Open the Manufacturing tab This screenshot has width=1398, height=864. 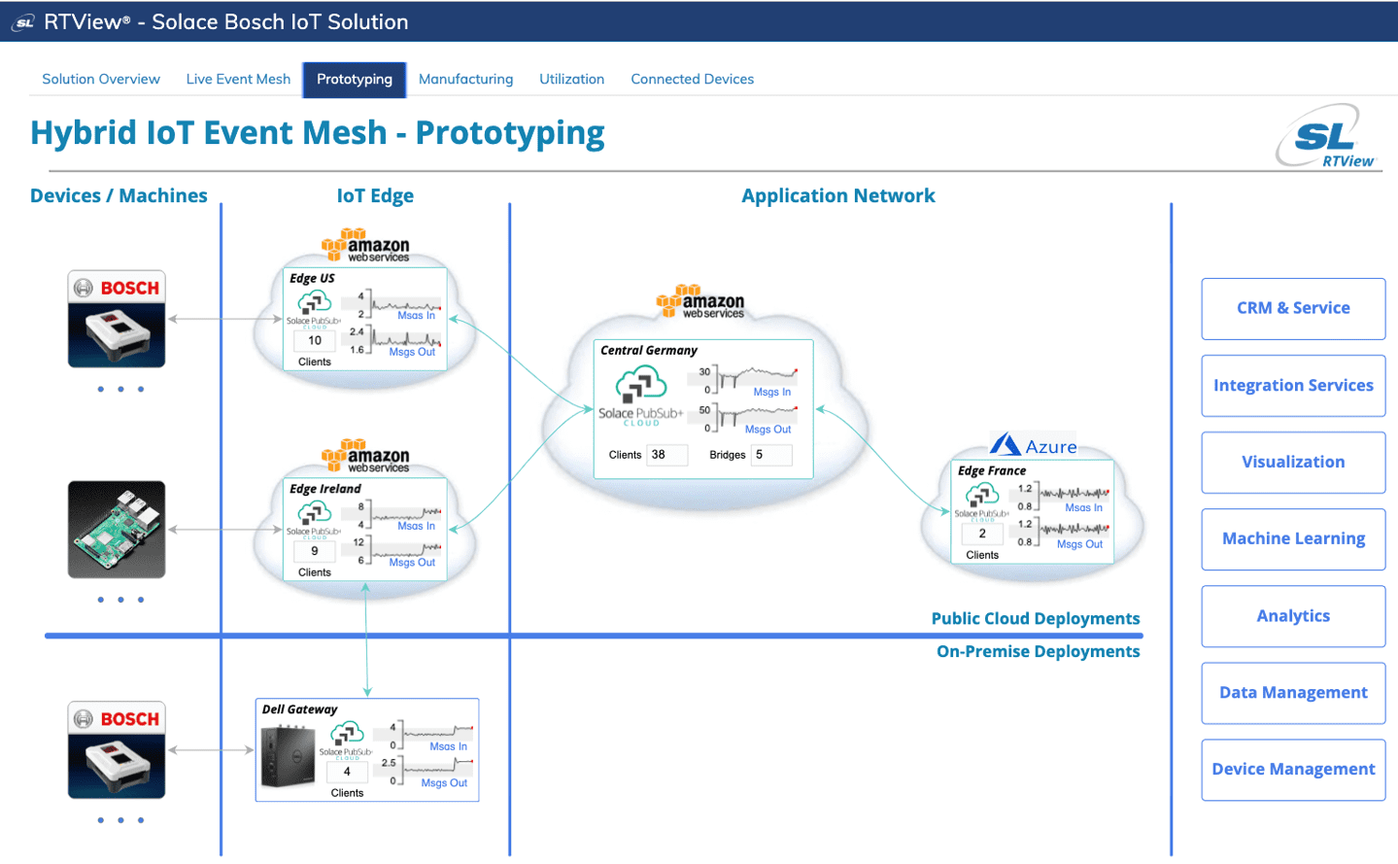[465, 79]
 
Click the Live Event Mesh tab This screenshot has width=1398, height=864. [238, 79]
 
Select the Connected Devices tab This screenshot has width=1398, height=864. [692, 79]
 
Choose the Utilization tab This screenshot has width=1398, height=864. [571, 79]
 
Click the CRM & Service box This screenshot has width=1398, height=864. [1293, 308]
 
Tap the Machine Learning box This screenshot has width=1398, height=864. [1293, 538]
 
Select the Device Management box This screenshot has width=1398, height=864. [1293, 769]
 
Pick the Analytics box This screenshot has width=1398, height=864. [1293, 615]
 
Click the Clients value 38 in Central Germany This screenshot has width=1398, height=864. [666, 455]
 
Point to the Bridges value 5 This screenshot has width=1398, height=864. [770, 455]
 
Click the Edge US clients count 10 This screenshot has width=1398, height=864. [315, 341]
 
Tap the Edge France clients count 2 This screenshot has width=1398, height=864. [982, 534]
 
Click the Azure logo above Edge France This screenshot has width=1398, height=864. [1034, 446]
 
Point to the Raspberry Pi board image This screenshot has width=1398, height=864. [117, 530]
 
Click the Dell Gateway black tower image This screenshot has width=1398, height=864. [288, 756]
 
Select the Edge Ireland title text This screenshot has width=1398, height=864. [325, 489]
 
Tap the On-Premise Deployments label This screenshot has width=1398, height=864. [1038, 651]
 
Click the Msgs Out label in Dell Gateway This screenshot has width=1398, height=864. [444, 783]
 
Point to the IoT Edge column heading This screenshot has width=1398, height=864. [375, 195]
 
